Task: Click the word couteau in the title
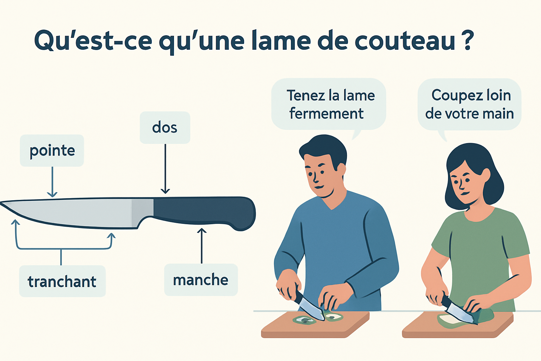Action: click(405, 41)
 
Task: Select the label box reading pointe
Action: click(52, 151)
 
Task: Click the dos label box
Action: click(165, 127)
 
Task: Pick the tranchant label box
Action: click(62, 281)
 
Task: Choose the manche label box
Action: click(201, 280)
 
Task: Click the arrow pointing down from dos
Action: click(165, 169)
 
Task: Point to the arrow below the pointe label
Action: click(52, 182)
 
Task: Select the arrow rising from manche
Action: click(202, 246)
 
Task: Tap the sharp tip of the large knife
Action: click(1, 203)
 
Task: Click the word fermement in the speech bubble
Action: click(326, 114)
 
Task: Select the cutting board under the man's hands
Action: click(315, 324)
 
